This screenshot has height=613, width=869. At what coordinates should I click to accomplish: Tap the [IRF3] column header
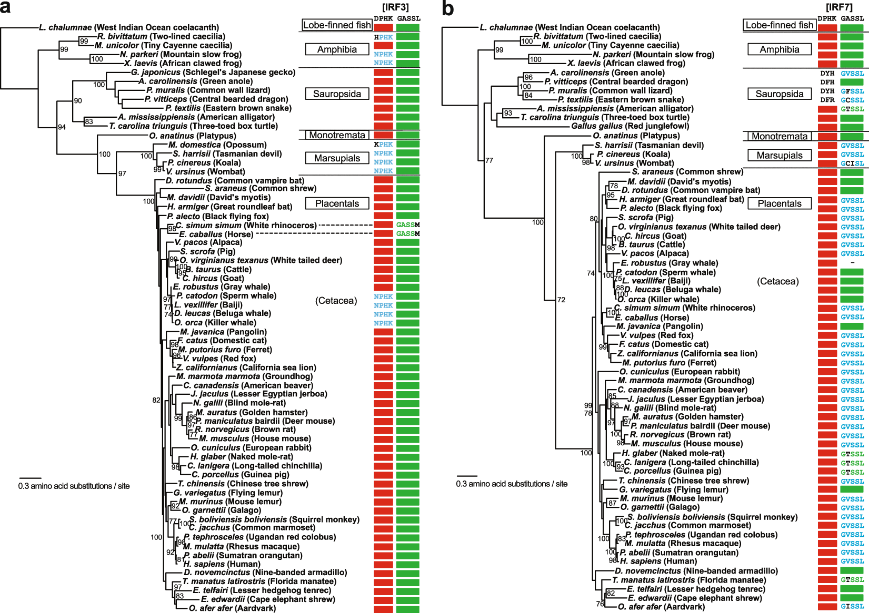(x=395, y=7)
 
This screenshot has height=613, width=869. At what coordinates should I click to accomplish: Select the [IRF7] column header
(x=839, y=7)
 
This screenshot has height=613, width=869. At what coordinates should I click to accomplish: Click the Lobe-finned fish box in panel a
(x=337, y=25)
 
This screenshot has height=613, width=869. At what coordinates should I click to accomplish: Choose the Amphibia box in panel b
(x=779, y=49)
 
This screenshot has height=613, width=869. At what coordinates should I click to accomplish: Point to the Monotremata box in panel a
(x=337, y=135)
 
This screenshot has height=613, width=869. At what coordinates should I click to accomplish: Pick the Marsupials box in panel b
(x=779, y=155)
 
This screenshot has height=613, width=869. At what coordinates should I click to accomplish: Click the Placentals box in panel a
(x=337, y=203)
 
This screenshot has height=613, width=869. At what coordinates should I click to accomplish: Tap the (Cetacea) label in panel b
(x=777, y=281)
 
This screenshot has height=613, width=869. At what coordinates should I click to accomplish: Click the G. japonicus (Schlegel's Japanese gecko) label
(x=206, y=73)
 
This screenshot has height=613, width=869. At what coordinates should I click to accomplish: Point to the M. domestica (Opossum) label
(x=217, y=145)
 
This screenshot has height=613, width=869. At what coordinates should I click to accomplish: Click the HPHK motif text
(x=383, y=37)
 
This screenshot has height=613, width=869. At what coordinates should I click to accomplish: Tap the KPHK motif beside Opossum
(x=383, y=145)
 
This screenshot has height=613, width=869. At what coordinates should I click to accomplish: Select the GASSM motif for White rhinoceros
(x=408, y=225)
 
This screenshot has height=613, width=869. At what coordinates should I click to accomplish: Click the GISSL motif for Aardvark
(x=852, y=607)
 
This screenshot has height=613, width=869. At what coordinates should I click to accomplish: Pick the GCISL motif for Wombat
(x=852, y=164)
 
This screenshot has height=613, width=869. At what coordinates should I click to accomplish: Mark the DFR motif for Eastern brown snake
(x=827, y=100)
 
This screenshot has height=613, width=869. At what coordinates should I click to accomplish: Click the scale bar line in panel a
(x=30, y=478)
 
